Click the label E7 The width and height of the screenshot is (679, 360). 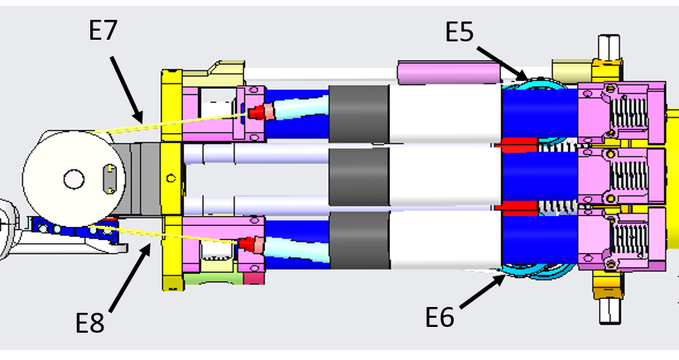(x=104, y=31)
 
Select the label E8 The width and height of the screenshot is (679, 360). (x=90, y=322)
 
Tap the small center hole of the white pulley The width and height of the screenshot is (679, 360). (x=73, y=178)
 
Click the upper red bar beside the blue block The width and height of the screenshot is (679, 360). (x=518, y=146)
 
